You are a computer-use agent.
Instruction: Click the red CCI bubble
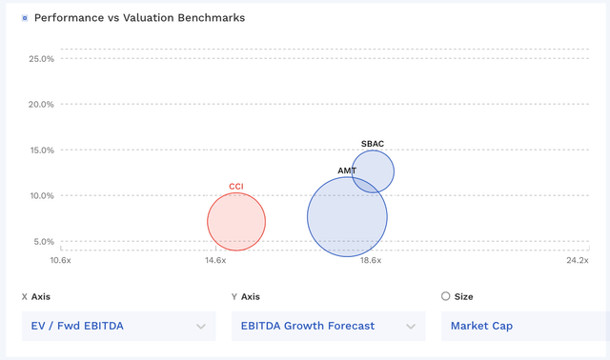pyautogui.click(x=236, y=222)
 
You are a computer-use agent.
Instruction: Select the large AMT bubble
pyautogui.click(x=347, y=216)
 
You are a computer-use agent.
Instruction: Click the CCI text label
pyautogui.click(x=236, y=187)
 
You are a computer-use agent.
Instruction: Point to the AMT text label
pyautogui.click(x=347, y=171)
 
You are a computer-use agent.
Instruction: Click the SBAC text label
pyautogui.click(x=373, y=144)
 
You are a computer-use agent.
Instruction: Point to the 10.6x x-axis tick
pyautogui.click(x=60, y=260)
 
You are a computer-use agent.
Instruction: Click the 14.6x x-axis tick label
pyautogui.click(x=214, y=260)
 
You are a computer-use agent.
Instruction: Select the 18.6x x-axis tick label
pyautogui.click(x=370, y=260)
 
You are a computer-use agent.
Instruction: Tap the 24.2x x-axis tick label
pyautogui.click(x=577, y=260)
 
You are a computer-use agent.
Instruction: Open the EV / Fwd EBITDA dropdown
pyautogui.click(x=118, y=326)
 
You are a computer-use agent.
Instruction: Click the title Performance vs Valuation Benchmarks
pyautogui.click(x=139, y=18)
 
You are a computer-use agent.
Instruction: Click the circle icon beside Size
pyautogui.click(x=446, y=296)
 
